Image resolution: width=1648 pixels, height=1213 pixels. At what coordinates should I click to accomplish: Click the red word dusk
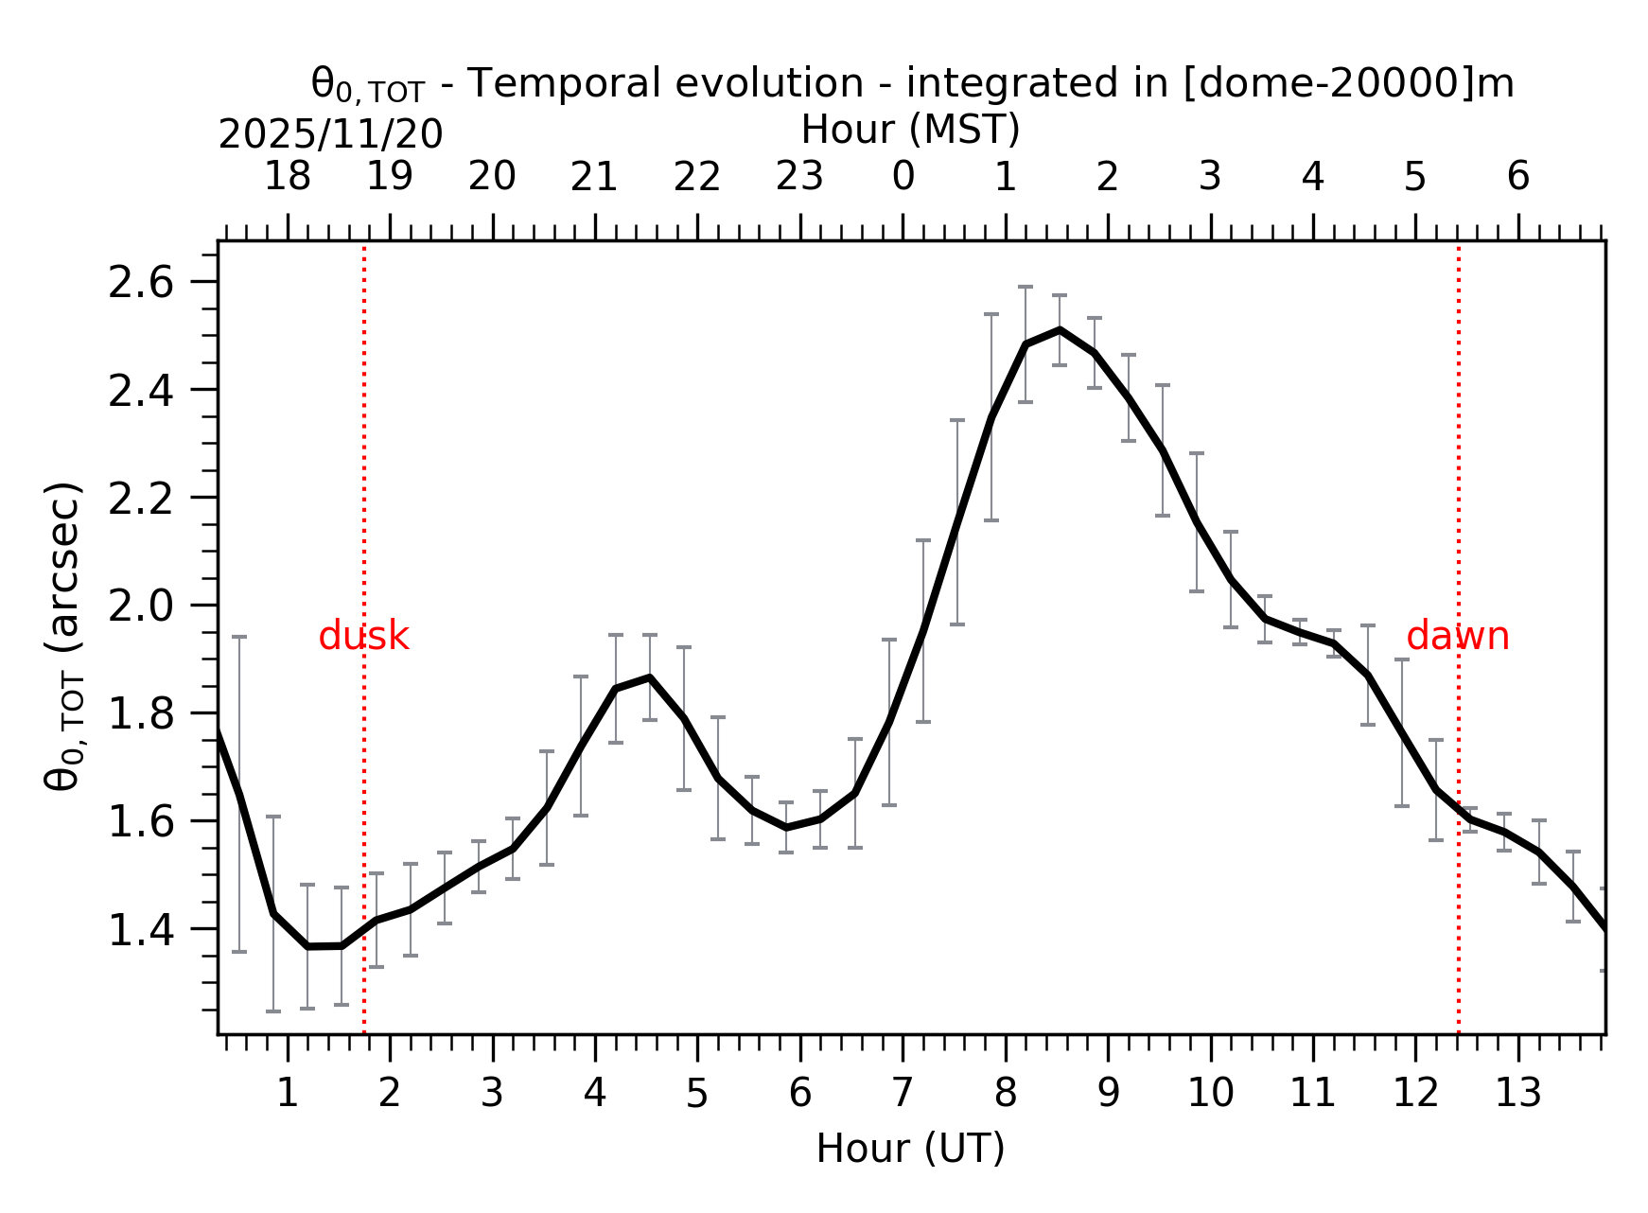tap(363, 637)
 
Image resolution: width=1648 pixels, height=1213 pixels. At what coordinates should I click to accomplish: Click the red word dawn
tap(1457, 637)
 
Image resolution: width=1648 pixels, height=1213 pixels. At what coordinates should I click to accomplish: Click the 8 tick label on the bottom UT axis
tap(1005, 1094)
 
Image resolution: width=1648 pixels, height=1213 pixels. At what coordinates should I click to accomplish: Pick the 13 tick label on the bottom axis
tap(1517, 1094)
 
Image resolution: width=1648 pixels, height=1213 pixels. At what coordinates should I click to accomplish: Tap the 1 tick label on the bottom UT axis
tap(287, 1094)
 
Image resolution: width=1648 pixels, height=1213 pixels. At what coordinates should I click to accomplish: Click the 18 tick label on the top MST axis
tap(287, 177)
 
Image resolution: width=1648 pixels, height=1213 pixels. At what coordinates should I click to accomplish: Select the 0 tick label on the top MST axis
tap(903, 177)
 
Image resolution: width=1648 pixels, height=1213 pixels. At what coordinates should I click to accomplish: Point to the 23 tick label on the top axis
tap(799, 177)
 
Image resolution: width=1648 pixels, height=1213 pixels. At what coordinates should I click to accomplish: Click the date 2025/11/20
tap(330, 135)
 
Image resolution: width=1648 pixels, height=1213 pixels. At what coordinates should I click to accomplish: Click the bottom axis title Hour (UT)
tap(910, 1149)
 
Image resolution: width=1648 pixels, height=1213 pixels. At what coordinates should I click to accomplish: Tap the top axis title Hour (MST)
tap(910, 130)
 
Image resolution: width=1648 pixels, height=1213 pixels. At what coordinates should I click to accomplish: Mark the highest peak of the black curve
tap(1060, 329)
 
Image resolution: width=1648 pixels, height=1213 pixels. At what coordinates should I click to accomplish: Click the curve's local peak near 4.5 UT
tap(649, 677)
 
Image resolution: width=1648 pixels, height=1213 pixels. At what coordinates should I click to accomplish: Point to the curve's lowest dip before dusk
tap(324, 946)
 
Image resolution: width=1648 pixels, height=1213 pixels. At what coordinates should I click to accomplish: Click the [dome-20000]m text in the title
tap(1348, 83)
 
